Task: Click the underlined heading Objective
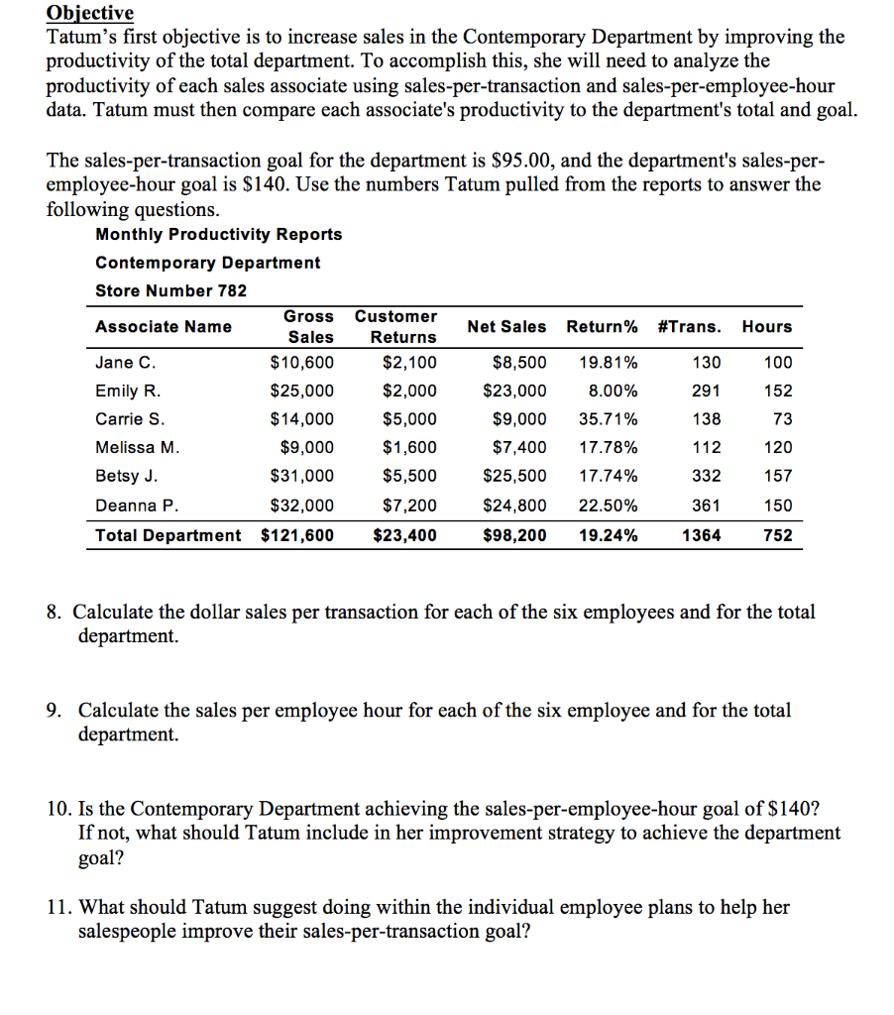click(x=90, y=13)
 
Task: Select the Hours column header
click(x=766, y=326)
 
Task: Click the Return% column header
click(x=602, y=326)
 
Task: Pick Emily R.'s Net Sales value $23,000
click(x=514, y=391)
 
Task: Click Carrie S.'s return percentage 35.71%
click(x=608, y=419)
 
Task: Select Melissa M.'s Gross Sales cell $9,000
click(x=307, y=448)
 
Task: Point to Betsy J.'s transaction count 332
click(x=705, y=477)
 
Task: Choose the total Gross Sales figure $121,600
click(x=297, y=535)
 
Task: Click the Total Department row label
click(x=168, y=535)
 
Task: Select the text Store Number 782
click(x=170, y=290)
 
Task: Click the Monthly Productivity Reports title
click(x=218, y=234)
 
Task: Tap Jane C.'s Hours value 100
click(x=778, y=362)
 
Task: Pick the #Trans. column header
click(x=690, y=326)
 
